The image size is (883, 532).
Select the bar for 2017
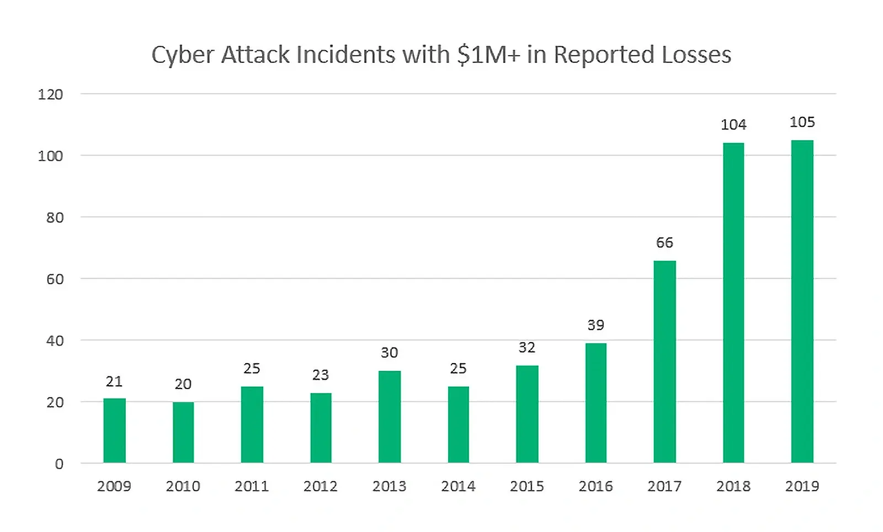pos(664,361)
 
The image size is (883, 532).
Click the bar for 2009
pos(114,430)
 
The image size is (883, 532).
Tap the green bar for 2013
pos(389,417)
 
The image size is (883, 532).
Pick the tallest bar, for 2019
pos(802,301)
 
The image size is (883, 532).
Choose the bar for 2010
pos(183,432)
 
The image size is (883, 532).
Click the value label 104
pos(733,125)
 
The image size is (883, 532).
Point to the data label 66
pos(664,243)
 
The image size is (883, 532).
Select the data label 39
pos(595,325)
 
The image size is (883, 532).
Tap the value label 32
pos(526,348)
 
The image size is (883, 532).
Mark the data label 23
pos(320,375)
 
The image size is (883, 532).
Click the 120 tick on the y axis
pos(50,94)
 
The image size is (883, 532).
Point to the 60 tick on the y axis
pos(55,279)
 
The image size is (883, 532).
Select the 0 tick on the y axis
pos(59,464)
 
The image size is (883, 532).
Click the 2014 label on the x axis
pos(458,486)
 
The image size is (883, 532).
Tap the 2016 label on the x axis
pos(595,486)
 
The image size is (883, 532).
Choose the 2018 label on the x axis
pos(733,486)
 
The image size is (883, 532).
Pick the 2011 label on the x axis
pos(252,486)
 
